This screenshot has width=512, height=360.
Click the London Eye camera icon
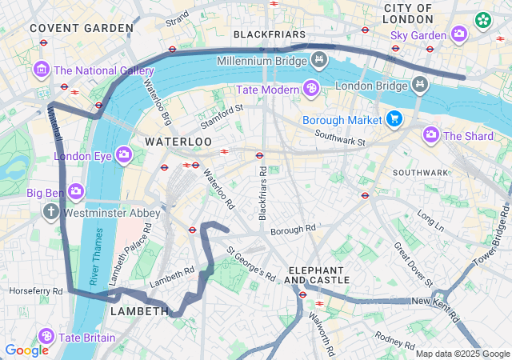(x=124, y=154)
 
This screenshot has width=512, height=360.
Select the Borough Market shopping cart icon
(x=394, y=119)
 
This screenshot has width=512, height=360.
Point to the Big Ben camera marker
(x=76, y=191)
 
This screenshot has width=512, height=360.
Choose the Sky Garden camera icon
(x=459, y=34)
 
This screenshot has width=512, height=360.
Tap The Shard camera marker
(x=431, y=134)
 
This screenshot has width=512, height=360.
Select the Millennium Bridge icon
(x=319, y=60)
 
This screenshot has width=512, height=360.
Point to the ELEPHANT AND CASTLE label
(x=317, y=274)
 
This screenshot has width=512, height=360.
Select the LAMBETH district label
(x=138, y=310)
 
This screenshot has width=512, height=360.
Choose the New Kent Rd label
(x=433, y=301)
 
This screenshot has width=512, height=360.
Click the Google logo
(x=26, y=350)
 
